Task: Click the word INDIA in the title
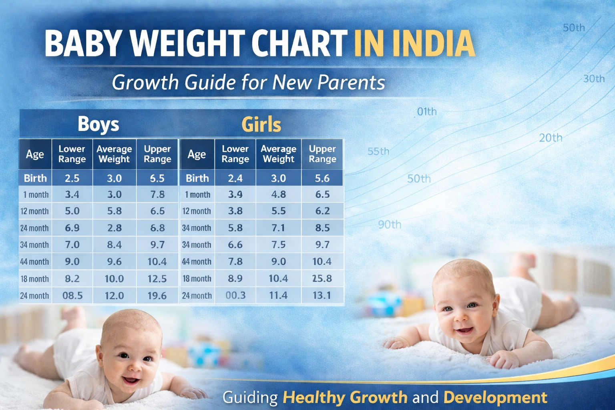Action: [x=434, y=43]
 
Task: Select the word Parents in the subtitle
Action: [x=351, y=82]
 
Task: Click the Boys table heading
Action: [x=98, y=124]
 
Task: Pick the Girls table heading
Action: [x=261, y=125]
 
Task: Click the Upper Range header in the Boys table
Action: [x=157, y=154]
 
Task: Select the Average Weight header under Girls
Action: [x=278, y=154]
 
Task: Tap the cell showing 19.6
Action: [x=157, y=296]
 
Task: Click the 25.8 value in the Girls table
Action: [x=322, y=278]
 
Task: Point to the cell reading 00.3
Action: [x=235, y=295]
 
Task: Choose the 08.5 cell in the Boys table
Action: [x=72, y=296]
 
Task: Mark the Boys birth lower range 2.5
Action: [x=72, y=178]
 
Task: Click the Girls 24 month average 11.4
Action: [x=278, y=295]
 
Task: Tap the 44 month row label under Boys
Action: [x=34, y=262]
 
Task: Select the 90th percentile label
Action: [x=390, y=225]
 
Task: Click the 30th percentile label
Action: [x=594, y=79]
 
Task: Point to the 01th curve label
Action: [x=426, y=112]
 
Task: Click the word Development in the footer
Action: [x=495, y=398]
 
